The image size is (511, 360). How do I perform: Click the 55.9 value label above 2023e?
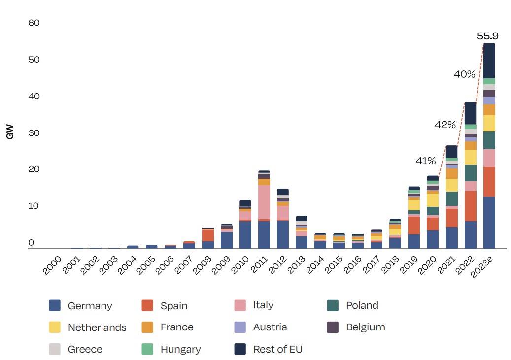[x=488, y=36]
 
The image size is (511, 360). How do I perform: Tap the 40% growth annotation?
[x=464, y=74]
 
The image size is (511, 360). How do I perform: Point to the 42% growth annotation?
[x=444, y=125]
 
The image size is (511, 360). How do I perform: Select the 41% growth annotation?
[x=425, y=161]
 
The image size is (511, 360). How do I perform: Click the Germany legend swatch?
[x=55, y=305]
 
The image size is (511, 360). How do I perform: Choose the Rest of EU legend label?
[x=277, y=349]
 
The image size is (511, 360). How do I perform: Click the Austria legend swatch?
[x=240, y=327]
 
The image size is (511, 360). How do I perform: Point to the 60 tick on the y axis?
[x=34, y=23]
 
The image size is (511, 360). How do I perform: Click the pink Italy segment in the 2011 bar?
[x=264, y=202]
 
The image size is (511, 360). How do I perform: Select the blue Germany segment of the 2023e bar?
[x=489, y=223]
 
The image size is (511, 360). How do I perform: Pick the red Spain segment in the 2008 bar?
[x=207, y=235]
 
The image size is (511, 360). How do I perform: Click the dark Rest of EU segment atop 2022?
[x=470, y=113]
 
